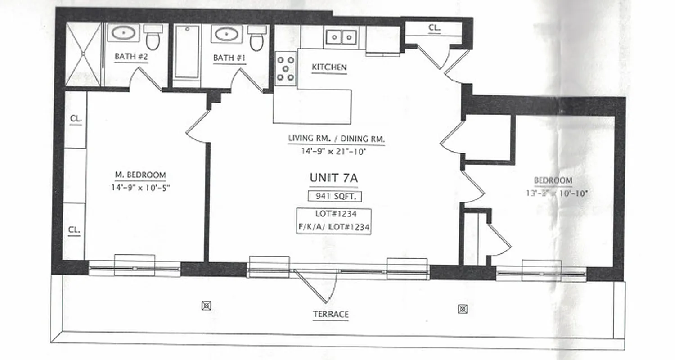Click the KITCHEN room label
coord(329,67)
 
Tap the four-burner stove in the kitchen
coord(286,68)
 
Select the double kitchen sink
coord(341,37)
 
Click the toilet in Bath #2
coord(153,37)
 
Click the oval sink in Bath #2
coord(123,33)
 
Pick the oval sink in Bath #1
coord(227,34)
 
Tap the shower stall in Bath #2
coord(83,54)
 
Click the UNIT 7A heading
coord(333,178)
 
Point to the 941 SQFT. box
coord(335,196)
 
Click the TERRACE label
coord(331,314)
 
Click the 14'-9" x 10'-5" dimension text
coord(140,188)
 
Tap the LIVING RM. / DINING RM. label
coord(337,139)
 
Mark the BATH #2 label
coord(131,57)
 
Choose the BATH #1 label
coord(229,58)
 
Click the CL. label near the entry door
coord(434,27)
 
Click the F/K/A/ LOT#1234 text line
coord(333,228)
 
